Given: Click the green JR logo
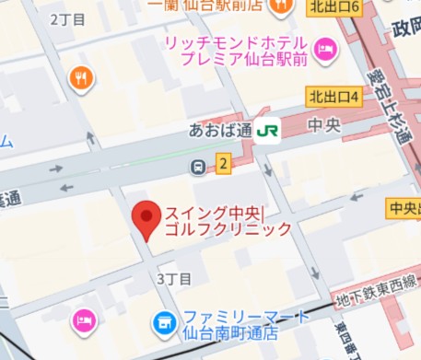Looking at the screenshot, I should [x=268, y=132].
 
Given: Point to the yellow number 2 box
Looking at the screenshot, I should [x=222, y=165].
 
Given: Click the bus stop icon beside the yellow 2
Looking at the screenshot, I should [x=198, y=167].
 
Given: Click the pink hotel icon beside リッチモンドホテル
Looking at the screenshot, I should [x=323, y=52].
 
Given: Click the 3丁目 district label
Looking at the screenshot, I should [x=175, y=278].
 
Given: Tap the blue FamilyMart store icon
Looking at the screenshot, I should [x=163, y=322].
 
